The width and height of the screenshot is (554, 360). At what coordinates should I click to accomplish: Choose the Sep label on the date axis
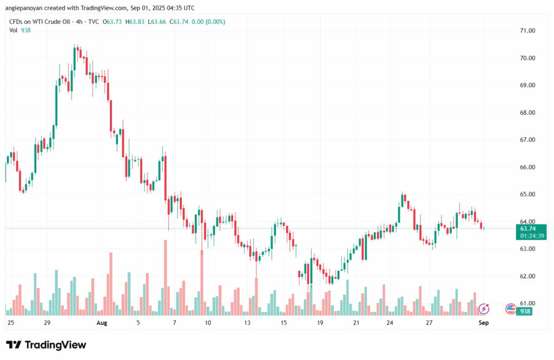pos(484,323)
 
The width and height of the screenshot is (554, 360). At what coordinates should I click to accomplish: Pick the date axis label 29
pos(47,323)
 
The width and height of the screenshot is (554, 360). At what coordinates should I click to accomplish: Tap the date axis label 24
pos(390,323)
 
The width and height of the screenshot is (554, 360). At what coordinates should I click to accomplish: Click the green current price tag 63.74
pos(524,228)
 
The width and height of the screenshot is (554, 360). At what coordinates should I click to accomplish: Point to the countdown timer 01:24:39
pos(524,235)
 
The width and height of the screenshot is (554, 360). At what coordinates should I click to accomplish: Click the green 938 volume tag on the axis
pos(524,311)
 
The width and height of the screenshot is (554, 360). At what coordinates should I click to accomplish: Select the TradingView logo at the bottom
pos(46,345)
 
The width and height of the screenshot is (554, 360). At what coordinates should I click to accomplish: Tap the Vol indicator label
pos(14,30)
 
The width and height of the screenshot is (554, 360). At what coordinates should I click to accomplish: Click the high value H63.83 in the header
pos(136,22)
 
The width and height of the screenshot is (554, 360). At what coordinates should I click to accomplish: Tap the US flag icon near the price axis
pos(510,309)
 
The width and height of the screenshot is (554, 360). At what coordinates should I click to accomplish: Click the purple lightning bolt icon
pos(484,309)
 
